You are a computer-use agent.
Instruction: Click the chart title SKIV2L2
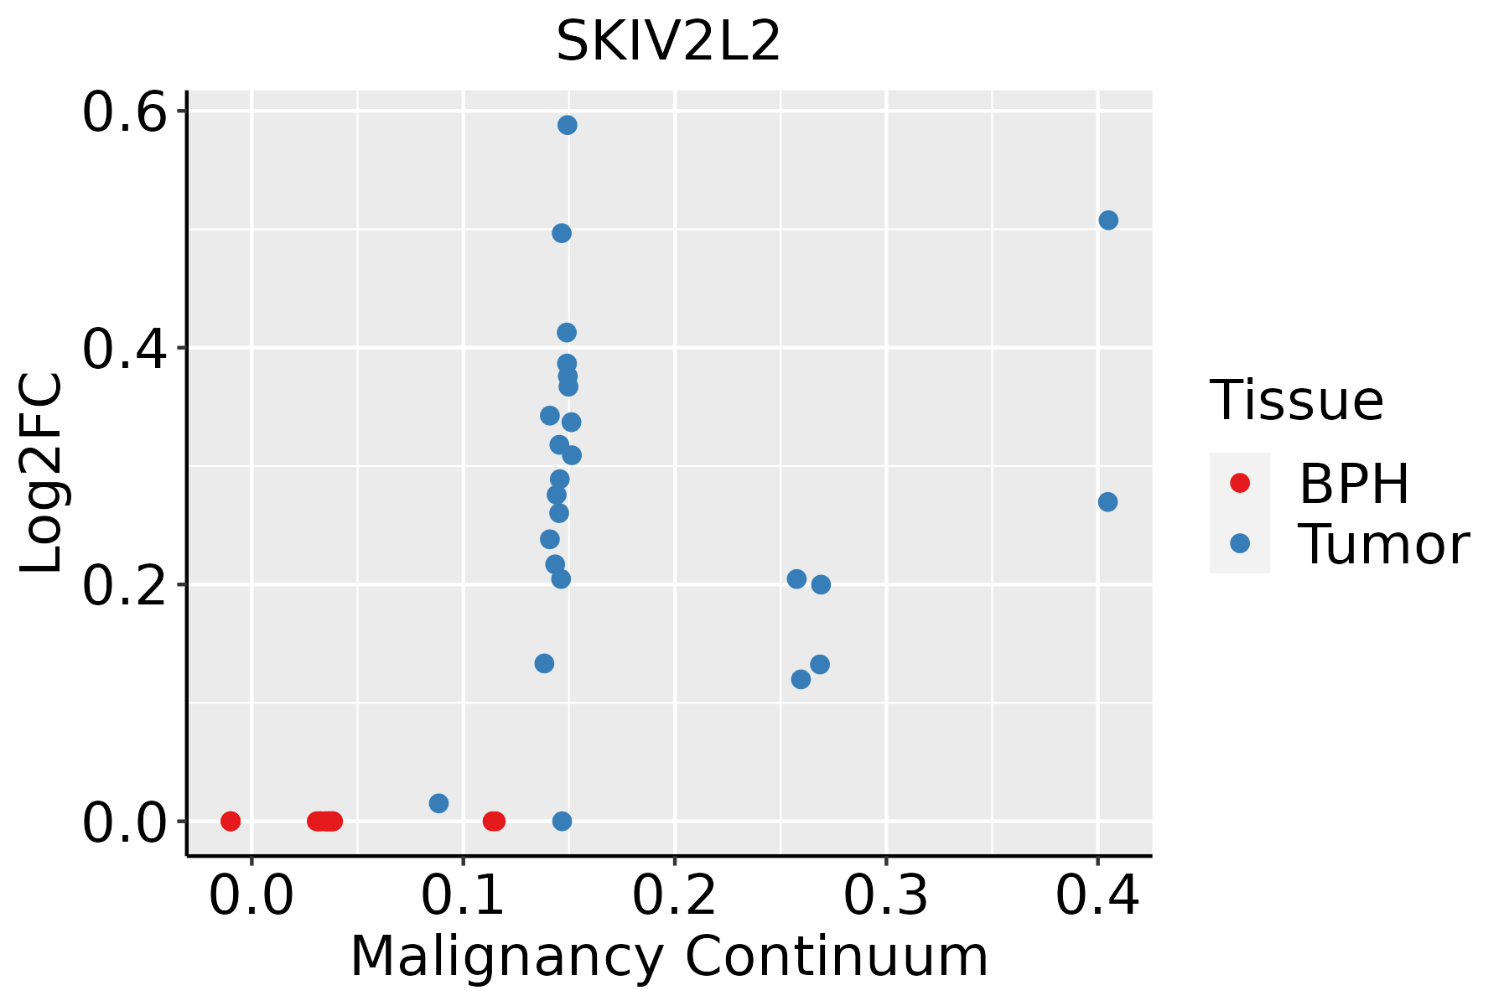click(668, 42)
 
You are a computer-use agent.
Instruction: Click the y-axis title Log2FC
click(42, 474)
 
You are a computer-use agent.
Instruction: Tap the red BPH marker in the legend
click(1239, 483)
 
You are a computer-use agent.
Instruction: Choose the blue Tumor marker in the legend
click(1239, 543)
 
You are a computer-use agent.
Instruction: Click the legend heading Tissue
click(1296, 401)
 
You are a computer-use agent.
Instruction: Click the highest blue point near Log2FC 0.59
click(568, 125)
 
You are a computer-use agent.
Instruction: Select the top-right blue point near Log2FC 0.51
click(1108, 220)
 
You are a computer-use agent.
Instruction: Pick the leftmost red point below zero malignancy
click(231, 821)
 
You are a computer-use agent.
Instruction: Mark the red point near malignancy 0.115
click(494, 821)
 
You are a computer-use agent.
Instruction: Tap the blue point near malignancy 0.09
click(438, 803)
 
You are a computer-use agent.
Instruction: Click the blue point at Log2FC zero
click(562, 821)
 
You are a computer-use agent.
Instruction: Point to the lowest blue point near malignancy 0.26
click(801, 679)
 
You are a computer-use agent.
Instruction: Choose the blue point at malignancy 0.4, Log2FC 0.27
click(1107, 502)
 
